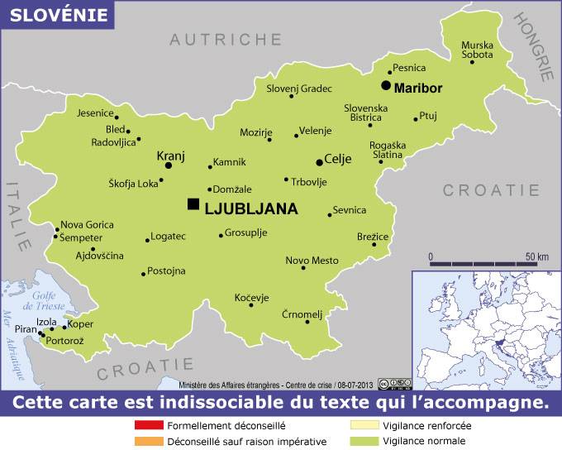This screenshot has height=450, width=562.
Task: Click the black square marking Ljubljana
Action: [193, 204]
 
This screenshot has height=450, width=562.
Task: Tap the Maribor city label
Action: [418, 88]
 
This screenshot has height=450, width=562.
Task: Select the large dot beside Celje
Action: [320, 162]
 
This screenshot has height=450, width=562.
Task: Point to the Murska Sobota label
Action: [477, 50]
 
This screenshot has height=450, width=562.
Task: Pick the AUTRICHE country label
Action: [226, 39]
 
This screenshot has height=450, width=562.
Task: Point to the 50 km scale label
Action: [537, 256]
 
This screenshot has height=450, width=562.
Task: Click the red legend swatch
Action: [146, 425]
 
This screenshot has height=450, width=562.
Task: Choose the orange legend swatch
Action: [146, 440]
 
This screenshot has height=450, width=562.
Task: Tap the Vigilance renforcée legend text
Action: [427, 425]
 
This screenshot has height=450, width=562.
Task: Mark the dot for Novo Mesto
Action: [303, 268]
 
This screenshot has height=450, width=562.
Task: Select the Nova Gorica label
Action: [87, 224]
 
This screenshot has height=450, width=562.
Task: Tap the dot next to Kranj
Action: [169, 165]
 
